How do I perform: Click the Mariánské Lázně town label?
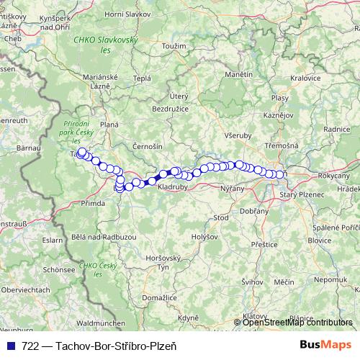pos(101,81)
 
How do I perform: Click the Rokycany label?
pos(333,176)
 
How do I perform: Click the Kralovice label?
pos(305,78)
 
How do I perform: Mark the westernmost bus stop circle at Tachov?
pos(82,152)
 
